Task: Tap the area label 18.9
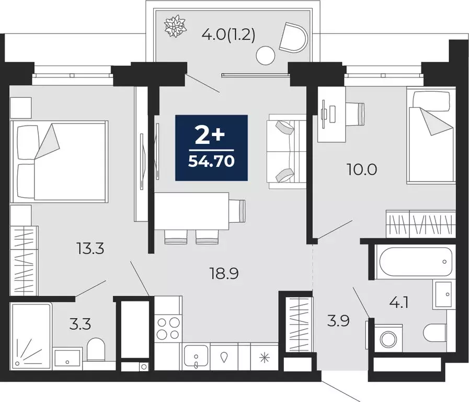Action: (x=224, y=273)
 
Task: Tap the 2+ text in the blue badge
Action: (x=210, y=136)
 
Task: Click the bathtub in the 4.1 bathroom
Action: (x=413, y=260)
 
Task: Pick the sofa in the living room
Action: (x=286, y=152)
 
